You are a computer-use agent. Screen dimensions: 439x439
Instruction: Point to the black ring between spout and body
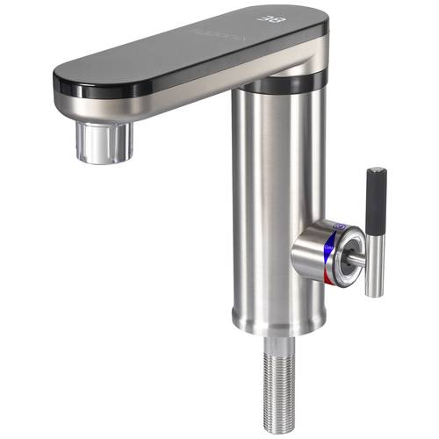[281, 83]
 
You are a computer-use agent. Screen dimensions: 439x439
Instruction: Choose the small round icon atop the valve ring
[338, 226]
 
